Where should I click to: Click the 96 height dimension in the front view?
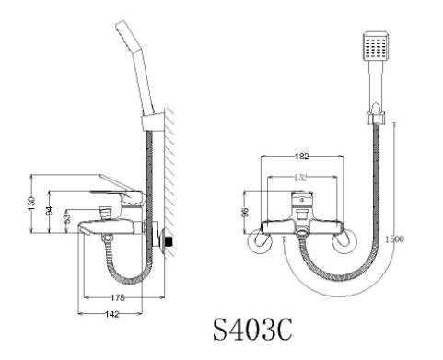click(x=245, y=211)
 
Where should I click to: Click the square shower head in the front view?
click(x=376, y=47)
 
